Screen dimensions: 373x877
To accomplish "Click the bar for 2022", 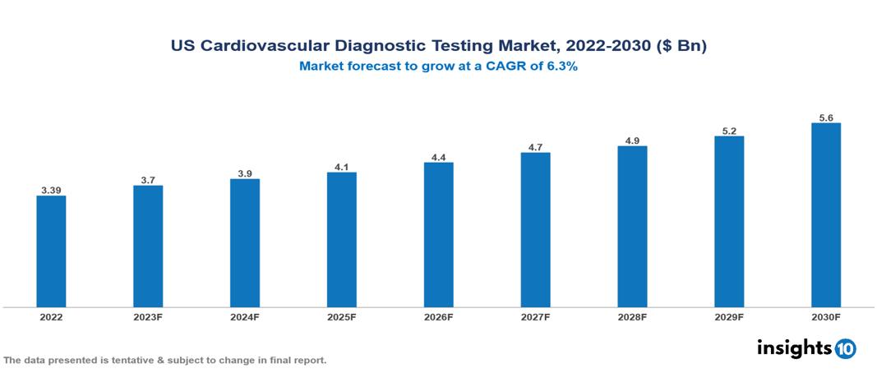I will [x=51, y=251].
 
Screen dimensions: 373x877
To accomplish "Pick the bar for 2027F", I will [x=535, y=230].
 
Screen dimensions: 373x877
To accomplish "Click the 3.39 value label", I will [x=51, y=191].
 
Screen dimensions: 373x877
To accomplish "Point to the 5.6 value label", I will [x=826, y=118].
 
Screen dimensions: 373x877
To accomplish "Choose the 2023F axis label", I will [x=148, y=317].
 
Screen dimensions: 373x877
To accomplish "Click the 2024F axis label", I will [x=245, y=317].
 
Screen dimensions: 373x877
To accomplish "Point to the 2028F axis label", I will [x=632, y=317].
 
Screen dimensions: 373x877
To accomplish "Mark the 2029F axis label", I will [x=729, y=317].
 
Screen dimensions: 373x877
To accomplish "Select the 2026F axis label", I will [x=438, y=317].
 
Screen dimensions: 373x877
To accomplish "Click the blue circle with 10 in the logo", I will [x=846, y=348].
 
